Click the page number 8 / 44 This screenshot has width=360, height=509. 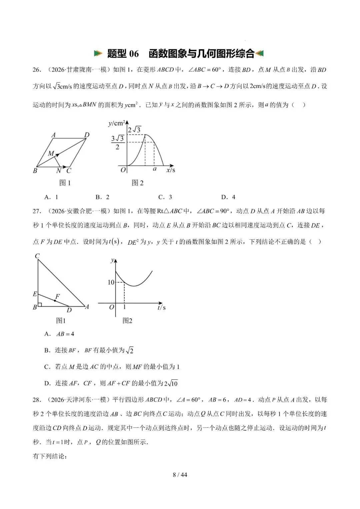coord(180,474)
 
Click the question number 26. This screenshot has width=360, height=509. coord(37,70)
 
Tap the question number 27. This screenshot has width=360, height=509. coord(37,211)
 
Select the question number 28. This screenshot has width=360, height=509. coord(37,400)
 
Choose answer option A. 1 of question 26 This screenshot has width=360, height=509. coord(51,197)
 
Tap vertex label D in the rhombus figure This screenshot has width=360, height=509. coord(87,135)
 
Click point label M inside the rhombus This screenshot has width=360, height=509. coord(51,153)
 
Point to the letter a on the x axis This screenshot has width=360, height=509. coord(155,169)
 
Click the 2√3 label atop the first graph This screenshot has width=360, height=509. coord(134,129)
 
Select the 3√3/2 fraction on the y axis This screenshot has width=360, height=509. coord(117,142)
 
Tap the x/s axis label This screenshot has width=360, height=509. coord(170,170)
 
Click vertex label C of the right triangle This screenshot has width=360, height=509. coord(37,256)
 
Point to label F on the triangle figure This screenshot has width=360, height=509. coord(58,296)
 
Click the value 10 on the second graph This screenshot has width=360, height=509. coord(111,282)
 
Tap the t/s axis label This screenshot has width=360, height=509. coord(161,307)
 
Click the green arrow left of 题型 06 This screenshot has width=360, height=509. coord(98,53)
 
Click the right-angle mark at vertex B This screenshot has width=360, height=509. coord(40,304)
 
